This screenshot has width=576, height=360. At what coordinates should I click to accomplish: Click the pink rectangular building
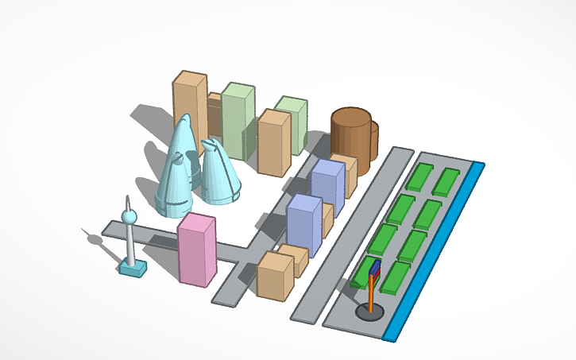click(196, 250)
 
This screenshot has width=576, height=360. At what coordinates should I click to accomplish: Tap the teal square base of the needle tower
click(133, 269)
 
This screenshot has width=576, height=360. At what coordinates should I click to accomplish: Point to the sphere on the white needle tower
click(127, 215)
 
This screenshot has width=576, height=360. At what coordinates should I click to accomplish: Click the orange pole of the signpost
click(371, 291)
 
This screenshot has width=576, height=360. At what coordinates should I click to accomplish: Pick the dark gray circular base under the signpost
click(371, 312)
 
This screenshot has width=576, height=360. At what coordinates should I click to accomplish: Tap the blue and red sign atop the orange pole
click(374, 269)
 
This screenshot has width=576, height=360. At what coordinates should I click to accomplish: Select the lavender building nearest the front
click(303, 224)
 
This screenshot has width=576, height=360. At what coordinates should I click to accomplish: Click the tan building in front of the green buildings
click(273, 143)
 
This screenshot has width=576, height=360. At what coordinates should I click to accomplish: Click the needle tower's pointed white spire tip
click(126, 199)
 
